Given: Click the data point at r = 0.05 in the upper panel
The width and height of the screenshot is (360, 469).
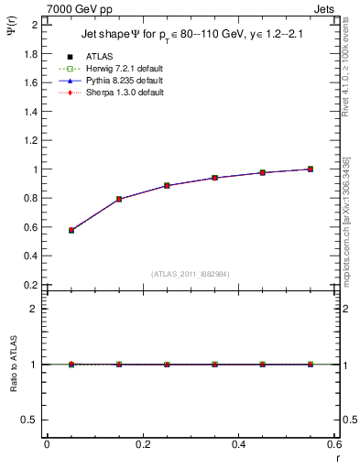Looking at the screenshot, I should (x=71, y=230).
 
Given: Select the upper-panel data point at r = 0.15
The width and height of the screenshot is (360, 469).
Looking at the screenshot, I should (x=119, y=199).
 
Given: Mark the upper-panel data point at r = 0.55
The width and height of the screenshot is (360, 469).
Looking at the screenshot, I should (x=311, y=169).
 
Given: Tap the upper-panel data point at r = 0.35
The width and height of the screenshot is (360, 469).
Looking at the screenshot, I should (x=215, y=178).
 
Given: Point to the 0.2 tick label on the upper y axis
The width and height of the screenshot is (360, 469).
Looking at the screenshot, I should (x=31, y=285).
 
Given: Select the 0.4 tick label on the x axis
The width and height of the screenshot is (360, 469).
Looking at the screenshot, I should (x=238, y=444).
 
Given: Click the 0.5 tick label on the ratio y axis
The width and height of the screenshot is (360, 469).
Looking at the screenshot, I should (x=31, y=420).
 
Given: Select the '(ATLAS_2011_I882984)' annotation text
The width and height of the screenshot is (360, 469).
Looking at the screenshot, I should (x=191, y=274).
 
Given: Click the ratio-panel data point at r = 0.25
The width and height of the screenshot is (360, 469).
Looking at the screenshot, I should (x=167, y=365).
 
